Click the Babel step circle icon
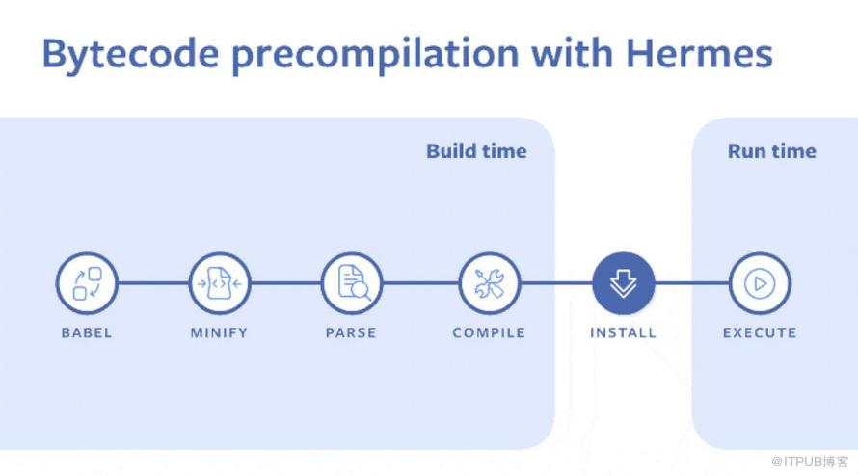coord(87,283)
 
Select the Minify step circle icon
coord(220,283)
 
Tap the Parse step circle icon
coord(352,283)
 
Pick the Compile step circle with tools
coord(489,283)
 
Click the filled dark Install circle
coord(623,283)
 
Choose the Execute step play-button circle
coord(760,283)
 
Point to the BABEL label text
coord(87,332)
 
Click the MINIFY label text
coord(219,332)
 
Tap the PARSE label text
coord(351,332)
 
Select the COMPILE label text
coord(489,332)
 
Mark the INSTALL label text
coord(623,332)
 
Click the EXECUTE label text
coord(760,332)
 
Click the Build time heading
coord(476,151)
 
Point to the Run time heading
coord(771,151)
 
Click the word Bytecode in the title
coord(131,55)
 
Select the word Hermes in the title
coord(699,54)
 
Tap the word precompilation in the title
coord(375,55)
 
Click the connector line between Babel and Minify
coord(153,283)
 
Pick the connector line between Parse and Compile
coord(420,283)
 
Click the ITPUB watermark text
coord(810,462)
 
